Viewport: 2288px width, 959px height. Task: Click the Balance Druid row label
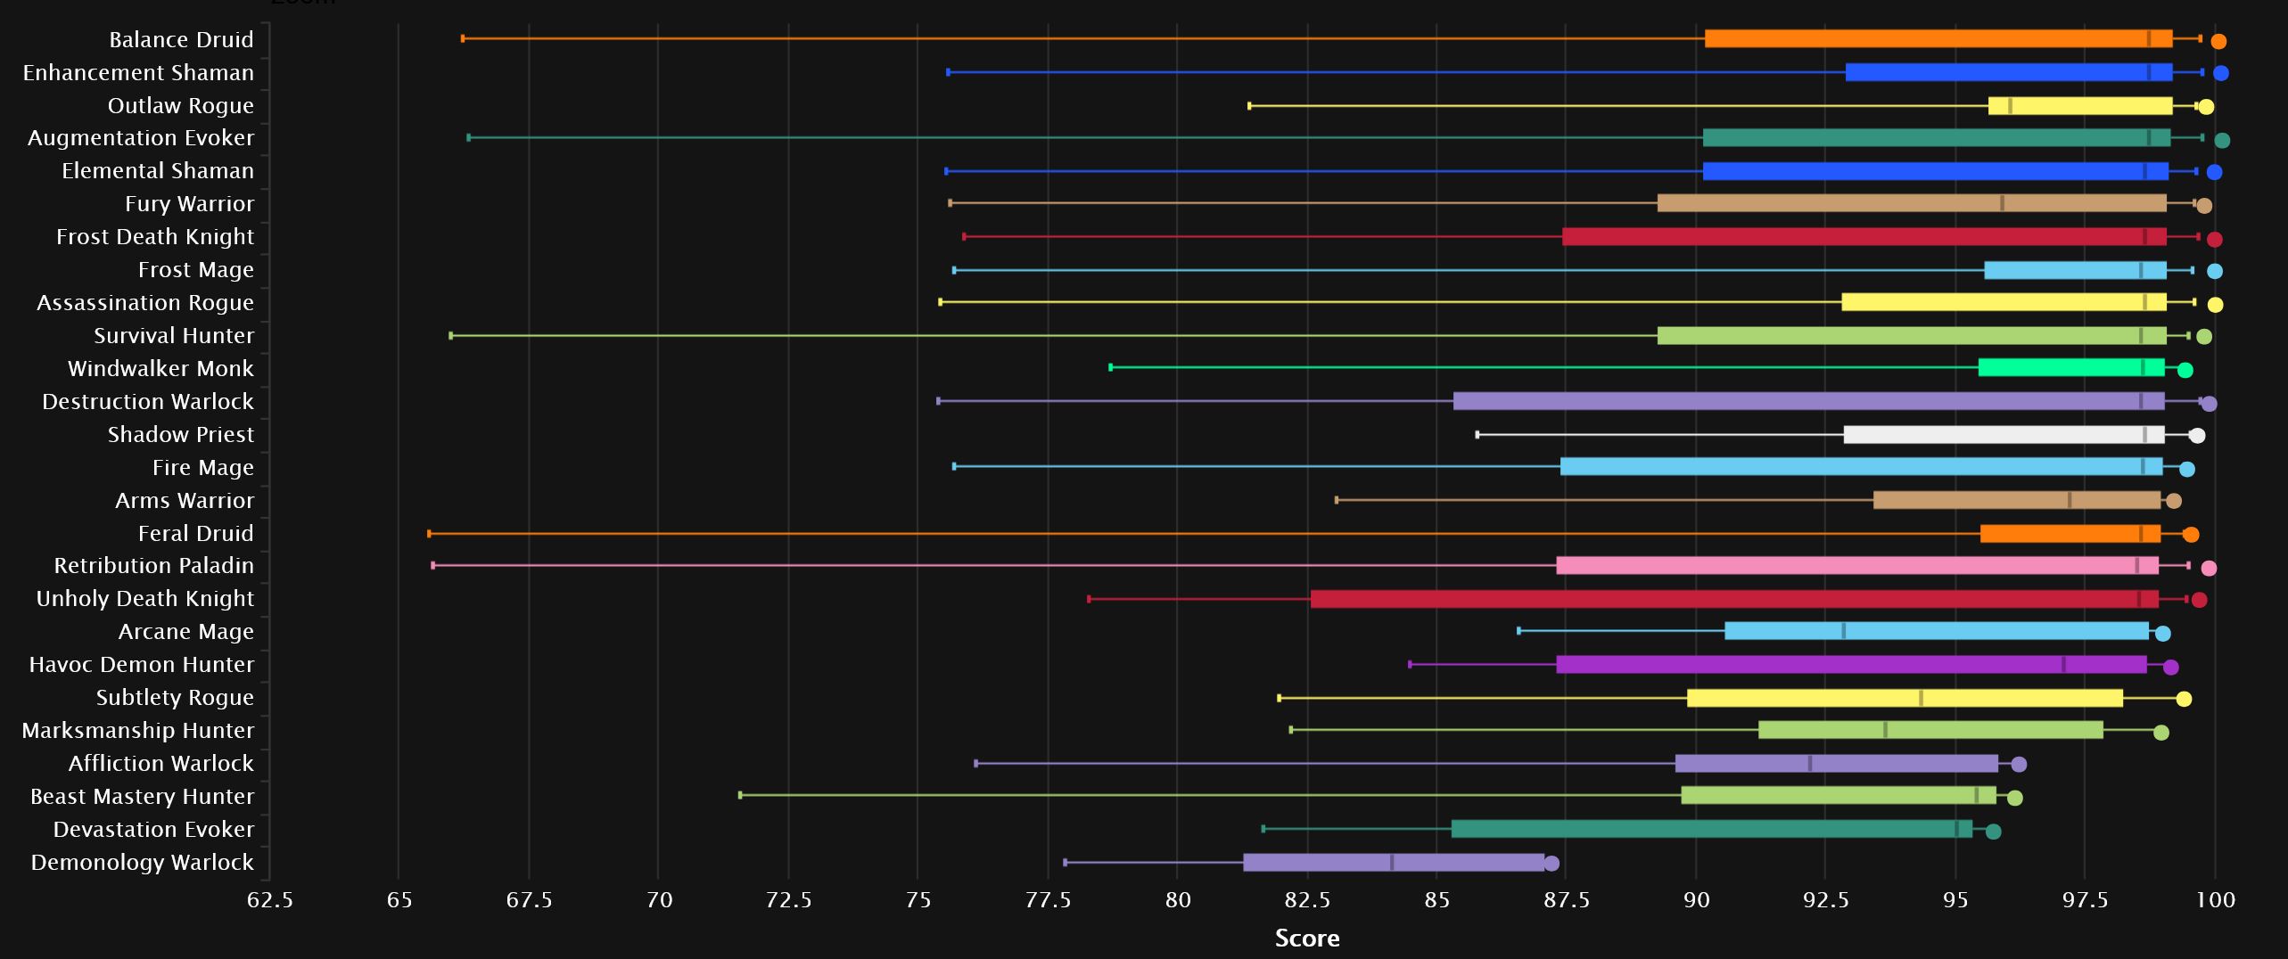point(181,40)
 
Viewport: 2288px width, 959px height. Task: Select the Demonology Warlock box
point(1393,863)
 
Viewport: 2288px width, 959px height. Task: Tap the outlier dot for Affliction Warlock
point(2019,764)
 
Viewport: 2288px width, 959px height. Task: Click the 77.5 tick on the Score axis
point(1048,900)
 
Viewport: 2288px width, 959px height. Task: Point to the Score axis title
point(1306,939)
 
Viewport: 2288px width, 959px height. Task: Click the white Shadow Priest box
point(2004,435)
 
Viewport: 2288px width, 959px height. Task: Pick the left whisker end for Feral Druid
point(430,534)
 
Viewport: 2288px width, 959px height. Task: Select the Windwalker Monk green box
point(2071,368)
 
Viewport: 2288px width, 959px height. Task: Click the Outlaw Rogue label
point(180,106)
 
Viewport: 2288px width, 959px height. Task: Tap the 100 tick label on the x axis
point(2215,900)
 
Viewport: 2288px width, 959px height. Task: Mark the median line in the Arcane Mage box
point(1844,632)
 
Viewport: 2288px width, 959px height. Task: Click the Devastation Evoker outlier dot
point(1993,832)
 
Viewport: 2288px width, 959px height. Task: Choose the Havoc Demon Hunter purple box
point(1851,665)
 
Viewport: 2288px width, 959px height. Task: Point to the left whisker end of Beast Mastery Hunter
point(740,795)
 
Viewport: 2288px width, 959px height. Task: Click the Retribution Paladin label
point(153,566)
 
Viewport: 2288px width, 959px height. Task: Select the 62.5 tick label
point(269,900)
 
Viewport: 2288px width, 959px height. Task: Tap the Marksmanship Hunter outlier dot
point(2160,733)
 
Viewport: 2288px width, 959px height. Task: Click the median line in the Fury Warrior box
point(2002,203)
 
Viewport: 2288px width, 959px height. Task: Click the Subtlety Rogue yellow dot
point(2184,699)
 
